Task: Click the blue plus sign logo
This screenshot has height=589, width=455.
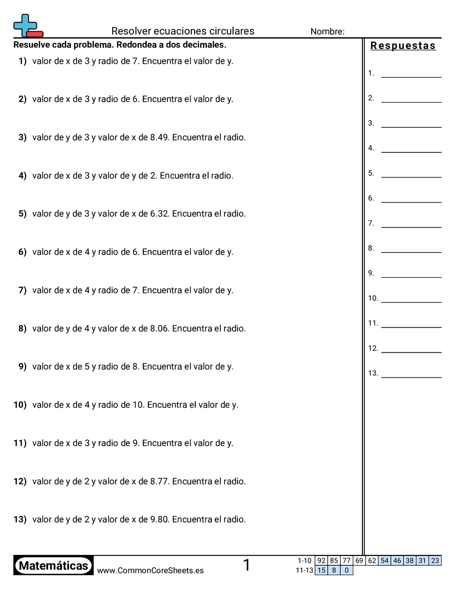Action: (25, 25)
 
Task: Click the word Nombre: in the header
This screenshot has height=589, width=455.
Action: (327, 32)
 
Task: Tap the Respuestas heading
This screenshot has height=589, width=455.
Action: (403, 46)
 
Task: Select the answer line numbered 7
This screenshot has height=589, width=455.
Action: (411, 226)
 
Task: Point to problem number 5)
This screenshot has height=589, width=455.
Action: (22, 214)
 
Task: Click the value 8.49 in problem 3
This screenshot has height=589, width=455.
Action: (159, 137)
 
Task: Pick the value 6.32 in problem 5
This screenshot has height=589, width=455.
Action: (159, 214)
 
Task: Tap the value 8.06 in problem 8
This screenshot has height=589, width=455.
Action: (159, 329)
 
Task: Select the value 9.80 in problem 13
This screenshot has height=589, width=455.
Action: (159, 519)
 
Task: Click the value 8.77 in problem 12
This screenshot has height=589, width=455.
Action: (159, 481)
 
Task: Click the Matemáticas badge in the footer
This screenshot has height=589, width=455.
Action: (54, 566)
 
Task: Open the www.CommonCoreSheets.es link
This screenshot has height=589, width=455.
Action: (150, 571)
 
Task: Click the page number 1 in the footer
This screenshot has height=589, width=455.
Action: (247, 566)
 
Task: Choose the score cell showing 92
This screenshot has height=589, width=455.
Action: (321, 561)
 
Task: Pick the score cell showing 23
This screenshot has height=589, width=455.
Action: (435, 561)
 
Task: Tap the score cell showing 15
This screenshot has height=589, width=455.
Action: (321, 570)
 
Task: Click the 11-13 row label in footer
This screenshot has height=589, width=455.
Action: (305, 570)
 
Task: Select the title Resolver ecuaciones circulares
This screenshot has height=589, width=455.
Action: (183, 31)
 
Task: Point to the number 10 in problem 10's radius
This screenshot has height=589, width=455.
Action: (138, 405)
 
